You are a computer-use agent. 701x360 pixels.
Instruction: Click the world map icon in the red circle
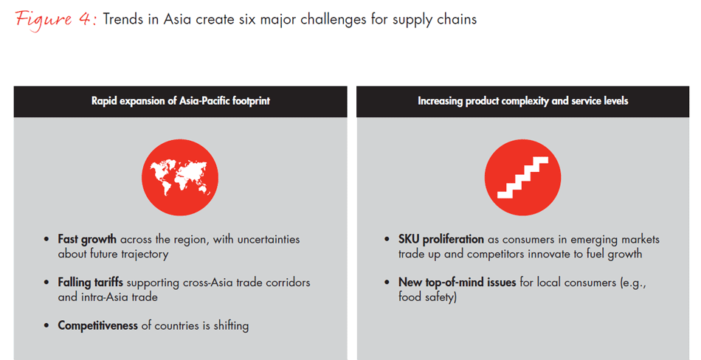point(180,178)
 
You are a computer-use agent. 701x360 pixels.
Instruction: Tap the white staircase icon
point(522,178)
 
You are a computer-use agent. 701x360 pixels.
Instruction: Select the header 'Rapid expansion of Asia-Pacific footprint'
point(181,101)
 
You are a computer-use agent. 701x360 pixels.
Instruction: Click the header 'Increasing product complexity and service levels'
point(522,101)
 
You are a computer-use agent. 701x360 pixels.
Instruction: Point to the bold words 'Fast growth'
point(87,239)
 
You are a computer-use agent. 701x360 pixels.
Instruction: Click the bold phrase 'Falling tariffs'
point(90,283)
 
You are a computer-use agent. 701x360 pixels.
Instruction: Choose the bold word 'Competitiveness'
point(97,325)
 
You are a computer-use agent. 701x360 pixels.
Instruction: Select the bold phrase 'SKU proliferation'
point(441,239)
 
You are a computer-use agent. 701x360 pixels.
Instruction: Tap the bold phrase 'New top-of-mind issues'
point(457,283)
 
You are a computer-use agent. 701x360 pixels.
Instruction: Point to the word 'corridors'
point(288,283)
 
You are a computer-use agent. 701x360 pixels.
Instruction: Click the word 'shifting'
point(231,325)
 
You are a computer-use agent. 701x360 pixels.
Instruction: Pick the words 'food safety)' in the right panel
point(427,297)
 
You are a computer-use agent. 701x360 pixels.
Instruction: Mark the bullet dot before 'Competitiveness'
point(46,325)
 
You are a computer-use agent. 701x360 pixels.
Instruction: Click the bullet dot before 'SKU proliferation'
point(387,239)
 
